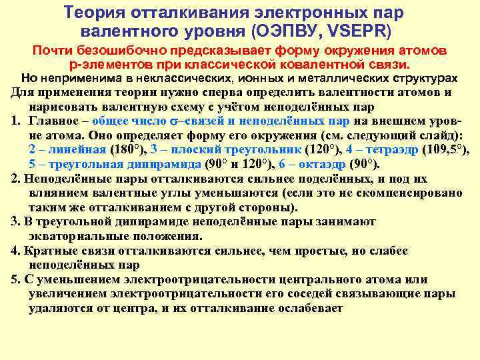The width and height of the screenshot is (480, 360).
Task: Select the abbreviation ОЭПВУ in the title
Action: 302,31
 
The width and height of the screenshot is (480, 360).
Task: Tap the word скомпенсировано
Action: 407,193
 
